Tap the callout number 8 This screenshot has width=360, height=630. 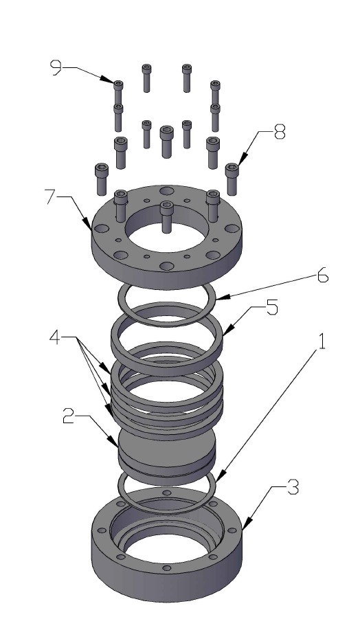coord(279,133)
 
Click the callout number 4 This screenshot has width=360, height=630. coord(58,338)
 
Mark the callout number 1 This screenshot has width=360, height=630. coord(319,342)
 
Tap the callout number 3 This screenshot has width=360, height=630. coord(293,489)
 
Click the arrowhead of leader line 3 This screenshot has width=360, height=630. coord(245,530)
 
